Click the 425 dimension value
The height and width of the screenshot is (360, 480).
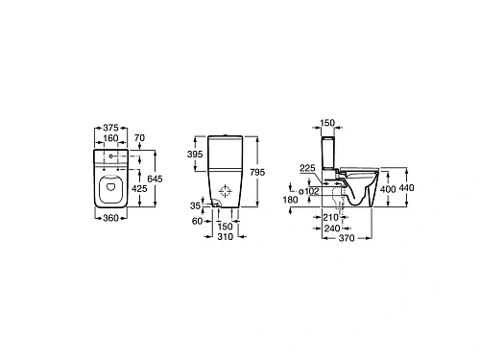[x=140, y=190]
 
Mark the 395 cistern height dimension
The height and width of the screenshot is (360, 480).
[x=194, y=155]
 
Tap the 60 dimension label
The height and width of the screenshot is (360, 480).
[x=199, y=220]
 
